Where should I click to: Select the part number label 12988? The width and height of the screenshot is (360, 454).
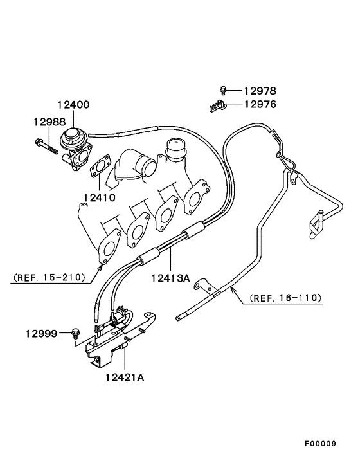50,121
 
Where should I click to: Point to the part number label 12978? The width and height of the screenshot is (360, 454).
264,91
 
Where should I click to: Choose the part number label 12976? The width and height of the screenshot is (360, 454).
264,104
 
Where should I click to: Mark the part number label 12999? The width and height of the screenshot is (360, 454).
42,333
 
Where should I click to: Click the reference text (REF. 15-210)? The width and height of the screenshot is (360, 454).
48,278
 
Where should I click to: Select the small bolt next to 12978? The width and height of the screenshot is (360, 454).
223,91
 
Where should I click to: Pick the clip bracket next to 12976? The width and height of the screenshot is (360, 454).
218,105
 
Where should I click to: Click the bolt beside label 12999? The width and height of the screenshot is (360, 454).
76,333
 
